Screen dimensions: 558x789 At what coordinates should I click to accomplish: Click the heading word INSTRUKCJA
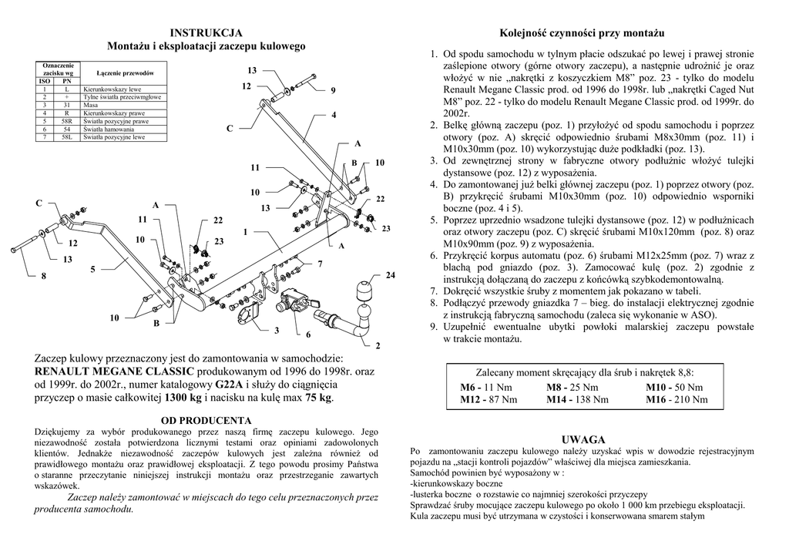click(x=206, y=32)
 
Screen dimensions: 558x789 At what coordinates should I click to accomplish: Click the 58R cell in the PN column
click(x=67, y=121)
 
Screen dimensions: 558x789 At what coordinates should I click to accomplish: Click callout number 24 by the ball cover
click(x=390, y=275)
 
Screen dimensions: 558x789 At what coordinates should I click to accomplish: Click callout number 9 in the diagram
click(x=333, y=91)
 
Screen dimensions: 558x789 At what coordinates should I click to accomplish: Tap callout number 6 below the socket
click(x=307, y=334)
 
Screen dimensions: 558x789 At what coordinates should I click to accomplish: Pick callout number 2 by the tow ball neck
click(x=378, y=345)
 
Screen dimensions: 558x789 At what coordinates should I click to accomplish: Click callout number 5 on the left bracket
click(x=92, y=269)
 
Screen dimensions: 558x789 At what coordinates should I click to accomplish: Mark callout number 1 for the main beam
click(x=245, y=232)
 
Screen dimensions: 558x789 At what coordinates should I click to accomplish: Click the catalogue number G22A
click(x=229, y=385)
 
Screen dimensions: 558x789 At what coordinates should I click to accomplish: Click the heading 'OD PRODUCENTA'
click(x=206, y=421)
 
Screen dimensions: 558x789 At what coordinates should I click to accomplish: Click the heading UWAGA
click(x=583, y=439)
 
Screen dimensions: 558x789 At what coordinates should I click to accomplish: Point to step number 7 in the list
click(x=435, y=291)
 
